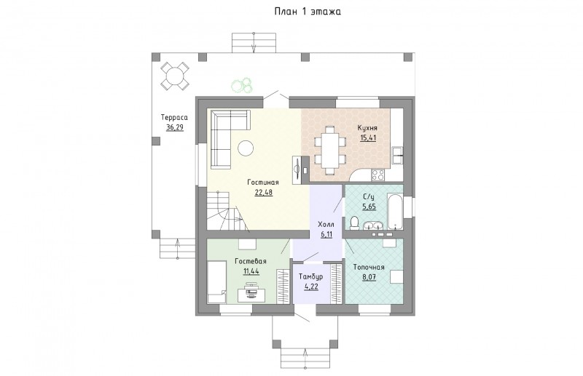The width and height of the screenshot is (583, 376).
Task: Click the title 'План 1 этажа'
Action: (x=308, y=12)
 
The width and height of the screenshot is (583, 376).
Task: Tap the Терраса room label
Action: (x=174, y=118)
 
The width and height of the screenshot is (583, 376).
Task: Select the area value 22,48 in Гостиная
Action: (x=263, y=192)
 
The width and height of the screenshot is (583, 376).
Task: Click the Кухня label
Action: (x=367, y=128)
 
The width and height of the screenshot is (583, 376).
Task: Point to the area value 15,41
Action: (x=368, y=138)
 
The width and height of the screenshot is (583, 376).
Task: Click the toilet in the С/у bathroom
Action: (x=354, y=223)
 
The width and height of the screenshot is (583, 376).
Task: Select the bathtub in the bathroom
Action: (x=395, y=209)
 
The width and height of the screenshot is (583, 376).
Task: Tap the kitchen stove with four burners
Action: (x=377, y=175)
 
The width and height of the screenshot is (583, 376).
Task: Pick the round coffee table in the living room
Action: (x=246, y=148)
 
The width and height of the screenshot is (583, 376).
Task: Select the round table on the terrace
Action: (x=175, y=76)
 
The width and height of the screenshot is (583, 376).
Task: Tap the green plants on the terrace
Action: (x=242, y=85)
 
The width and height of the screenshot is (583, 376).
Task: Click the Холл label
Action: (x=326, y=225)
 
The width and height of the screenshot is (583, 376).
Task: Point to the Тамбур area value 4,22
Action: (x=311, y=286)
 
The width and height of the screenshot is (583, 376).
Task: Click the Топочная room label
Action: (x=369, y=267)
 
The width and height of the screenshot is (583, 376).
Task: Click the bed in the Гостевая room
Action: (x=216, y=281)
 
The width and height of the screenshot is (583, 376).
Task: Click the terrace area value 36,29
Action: (x=175, y=128)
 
